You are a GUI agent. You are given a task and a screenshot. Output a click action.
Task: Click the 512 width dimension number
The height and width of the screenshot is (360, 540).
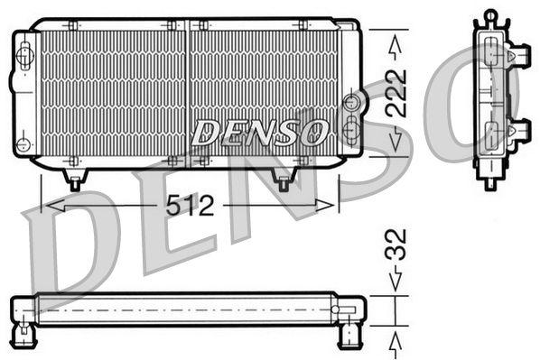190,207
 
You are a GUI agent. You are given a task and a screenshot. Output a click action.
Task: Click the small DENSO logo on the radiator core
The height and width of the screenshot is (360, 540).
258,134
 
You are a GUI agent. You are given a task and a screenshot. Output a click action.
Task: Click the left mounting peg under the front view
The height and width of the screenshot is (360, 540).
76,180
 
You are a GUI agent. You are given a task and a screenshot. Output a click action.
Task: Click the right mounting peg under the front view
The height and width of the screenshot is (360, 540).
283,182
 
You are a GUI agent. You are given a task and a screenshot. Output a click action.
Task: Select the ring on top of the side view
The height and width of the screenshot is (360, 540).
490,15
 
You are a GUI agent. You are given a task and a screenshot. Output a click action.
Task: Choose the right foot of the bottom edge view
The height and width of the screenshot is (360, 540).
348,337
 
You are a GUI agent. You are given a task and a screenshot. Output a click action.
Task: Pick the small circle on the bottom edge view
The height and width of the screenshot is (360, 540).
335,309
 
